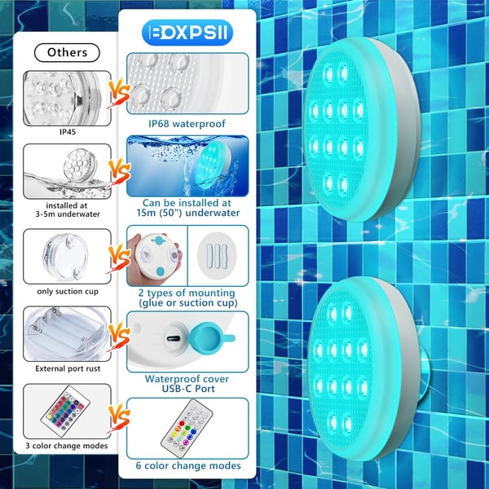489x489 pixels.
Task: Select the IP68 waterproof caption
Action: (187, 124)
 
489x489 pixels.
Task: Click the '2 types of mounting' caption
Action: (187, 293)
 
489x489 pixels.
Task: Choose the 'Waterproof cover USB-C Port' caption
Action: (187, 384)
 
